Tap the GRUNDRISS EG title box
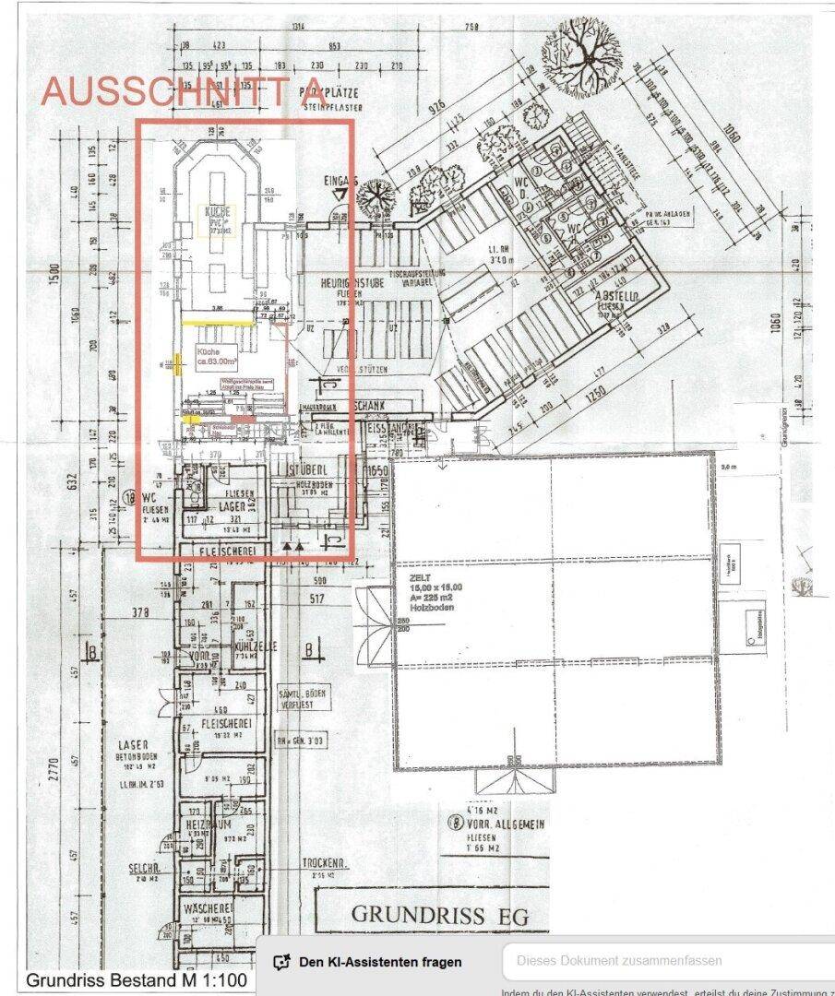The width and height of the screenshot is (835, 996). [430, 914]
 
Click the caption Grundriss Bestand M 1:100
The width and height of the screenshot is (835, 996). [136, 979]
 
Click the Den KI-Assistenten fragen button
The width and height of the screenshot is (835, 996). [367, 962]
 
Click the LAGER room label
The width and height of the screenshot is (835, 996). [230, 506]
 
